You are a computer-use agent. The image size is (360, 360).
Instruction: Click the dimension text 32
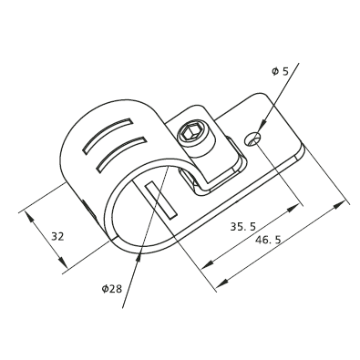[x=57, y=236]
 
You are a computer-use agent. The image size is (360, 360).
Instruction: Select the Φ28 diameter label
[x=112, y=288]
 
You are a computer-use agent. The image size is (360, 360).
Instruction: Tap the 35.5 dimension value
[x=243, y=227]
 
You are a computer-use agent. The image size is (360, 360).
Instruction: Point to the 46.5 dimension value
[x=268, y=240]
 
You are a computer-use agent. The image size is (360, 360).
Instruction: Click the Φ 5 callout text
[x=280, y=71]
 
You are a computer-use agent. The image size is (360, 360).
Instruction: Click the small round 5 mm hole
[x=252, y=139]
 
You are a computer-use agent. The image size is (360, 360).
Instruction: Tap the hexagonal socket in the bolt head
[x=189, y=133]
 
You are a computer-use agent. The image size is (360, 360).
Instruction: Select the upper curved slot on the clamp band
[x=108, y=135]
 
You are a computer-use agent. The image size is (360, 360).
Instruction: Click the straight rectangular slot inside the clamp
[x=161, y=200]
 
